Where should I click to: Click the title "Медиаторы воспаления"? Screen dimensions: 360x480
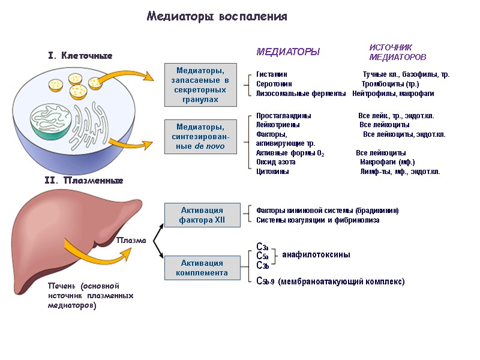pyautogui.click(x=217, y=17)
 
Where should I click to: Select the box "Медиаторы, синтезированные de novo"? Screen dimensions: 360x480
pyautogui.click(x=200, y=137)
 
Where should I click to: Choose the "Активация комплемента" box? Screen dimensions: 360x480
pyautogui.click(x=202, y=268)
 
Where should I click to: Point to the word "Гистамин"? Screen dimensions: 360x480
pyautogui.click(x=272, y=74)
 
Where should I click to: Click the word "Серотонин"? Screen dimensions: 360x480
pyautogui.click(x=274, y=84)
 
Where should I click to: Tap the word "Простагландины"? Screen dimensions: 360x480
pyautogui.click(x=283, y=115)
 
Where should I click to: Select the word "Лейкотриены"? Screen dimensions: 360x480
pyautogui.click(x=278, y=125)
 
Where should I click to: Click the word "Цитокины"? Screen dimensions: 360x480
pyautogui.click(x=272, y=172)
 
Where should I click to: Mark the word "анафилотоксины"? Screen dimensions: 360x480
pyautogui.click(x=316, y=255)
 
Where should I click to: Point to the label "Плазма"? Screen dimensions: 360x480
pyautogui.click(x=131, y=241)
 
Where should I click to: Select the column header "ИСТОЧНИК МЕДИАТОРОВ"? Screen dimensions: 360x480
pyautogui.click(x=397, y=52)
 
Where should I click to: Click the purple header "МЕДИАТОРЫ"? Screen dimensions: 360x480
pyautogui.click(x=288, y=52)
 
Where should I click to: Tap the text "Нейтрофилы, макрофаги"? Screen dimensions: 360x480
pyautogui.click(x=393, y=94)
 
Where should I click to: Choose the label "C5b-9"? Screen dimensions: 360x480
pyautogui.click(x=265, y=281)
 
